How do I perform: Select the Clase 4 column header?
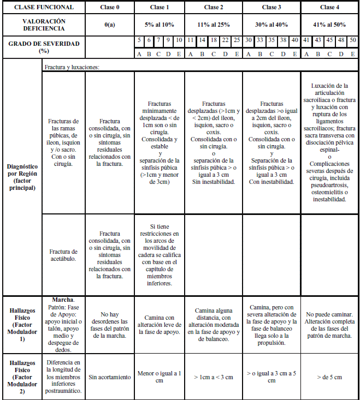tap(329, 8)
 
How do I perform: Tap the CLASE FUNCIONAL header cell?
tap(43, 8)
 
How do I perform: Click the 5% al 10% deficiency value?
tap(159, 25)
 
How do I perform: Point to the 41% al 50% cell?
tap(329, 25)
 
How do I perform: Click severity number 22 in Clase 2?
tap(226, 40)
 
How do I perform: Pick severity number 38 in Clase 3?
tap(283, 40)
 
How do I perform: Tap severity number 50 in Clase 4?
tap(352, 40)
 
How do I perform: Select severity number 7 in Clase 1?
tap(159, 40)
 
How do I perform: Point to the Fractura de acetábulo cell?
tap(63, 255)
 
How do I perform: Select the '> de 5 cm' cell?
tap(329, 377)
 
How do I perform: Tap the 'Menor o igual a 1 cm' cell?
tap(159, 377)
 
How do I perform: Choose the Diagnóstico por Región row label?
tap(22, 177)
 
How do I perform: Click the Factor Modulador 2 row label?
tap(22, 377)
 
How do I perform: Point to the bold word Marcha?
tap(63, 300)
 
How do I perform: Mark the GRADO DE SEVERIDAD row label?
tap(43, 46)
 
